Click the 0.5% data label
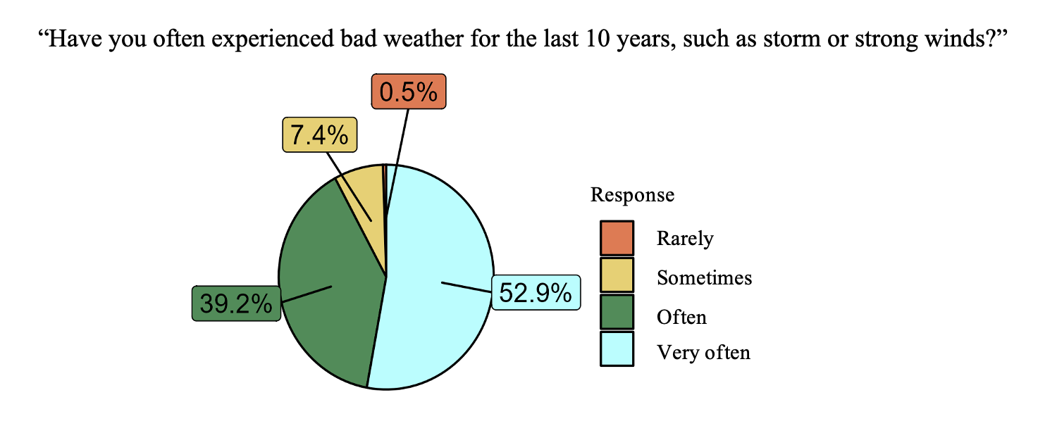tap(409, 92)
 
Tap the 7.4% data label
tap(319, 135)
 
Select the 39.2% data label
tap(236, 303)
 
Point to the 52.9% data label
tap(536, 292)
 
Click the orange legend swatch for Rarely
tap(617, 238)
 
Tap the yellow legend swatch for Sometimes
tap(617, 275)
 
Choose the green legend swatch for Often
tap(617, 312)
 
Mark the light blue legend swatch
tap(617, 349)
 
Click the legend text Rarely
tap(685, 239)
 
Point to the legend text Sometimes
tap(704, 277)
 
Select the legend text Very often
tap(703, 353)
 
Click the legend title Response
tap(632, 195)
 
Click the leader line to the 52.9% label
tap(466, 287)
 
